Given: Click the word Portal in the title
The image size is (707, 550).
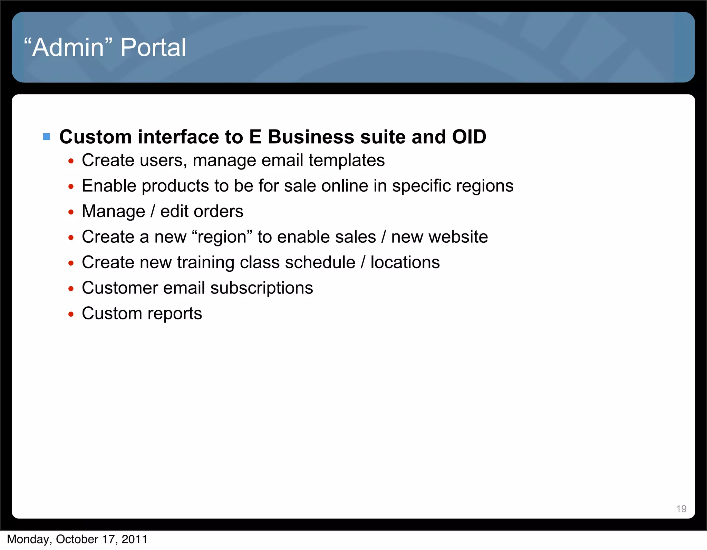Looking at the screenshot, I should click(153, 47).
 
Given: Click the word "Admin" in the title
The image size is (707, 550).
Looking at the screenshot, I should click(68, 47).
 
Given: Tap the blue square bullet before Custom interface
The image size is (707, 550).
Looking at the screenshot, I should click(47, 137).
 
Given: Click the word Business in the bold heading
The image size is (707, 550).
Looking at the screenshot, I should click(311, 137).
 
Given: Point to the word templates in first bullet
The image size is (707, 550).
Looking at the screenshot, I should click(346, 161).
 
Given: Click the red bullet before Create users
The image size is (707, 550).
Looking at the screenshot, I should click(71, 161).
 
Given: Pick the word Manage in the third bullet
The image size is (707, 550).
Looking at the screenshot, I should click(113, 211).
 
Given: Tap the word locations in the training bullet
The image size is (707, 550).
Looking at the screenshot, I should click(405, 262).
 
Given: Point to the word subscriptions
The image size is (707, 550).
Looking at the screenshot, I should click(261, 288).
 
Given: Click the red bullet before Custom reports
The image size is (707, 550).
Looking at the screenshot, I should click(71, 314).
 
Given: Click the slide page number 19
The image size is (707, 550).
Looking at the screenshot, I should click(681, 509).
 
